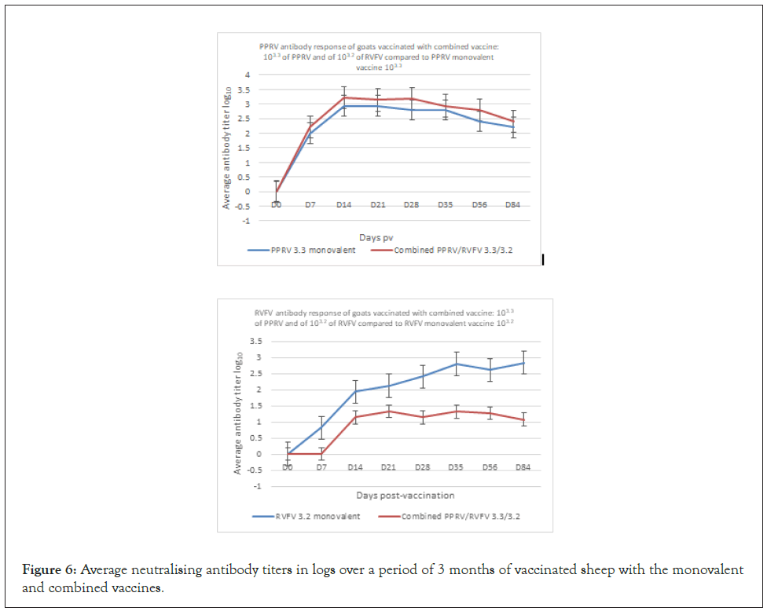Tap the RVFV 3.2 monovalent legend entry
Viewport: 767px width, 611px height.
(x=310, y=516)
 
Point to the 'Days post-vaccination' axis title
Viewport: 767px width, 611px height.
(x=404, y=495)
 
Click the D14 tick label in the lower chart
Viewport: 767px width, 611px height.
(x=354, y=467)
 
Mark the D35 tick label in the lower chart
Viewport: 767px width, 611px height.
(x=456, y=467)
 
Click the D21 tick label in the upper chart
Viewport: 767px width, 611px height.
(x=377, y=204)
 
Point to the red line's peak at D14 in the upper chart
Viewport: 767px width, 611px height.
(x=344, y=97)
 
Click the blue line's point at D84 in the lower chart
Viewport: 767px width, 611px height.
(x=523, y=363)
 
